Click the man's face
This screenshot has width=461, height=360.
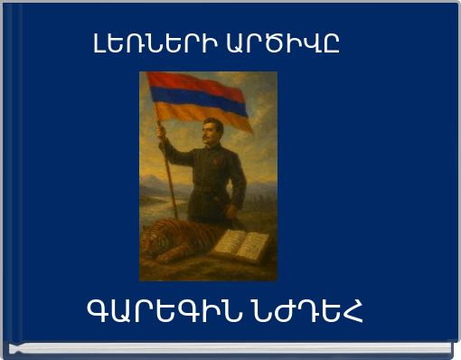pos(213,130)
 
